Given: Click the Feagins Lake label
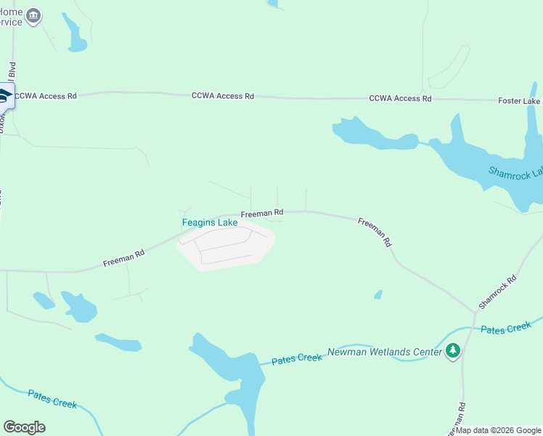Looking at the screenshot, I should [209, 222].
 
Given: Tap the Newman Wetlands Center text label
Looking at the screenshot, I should [385, 352].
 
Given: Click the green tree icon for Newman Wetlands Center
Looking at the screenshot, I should [454, 351].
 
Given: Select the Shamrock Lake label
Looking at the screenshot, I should [515, 173].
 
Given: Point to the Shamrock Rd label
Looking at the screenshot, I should [497, 290].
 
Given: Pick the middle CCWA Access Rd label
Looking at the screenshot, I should [223, 96].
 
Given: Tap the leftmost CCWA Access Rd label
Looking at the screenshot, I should [45, 96].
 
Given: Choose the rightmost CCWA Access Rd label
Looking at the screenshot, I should [400, 98].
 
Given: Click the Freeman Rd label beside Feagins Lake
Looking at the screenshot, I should [261, 214].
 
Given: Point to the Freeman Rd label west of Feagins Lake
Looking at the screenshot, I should [123, 257].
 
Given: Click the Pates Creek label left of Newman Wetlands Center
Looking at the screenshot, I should [296, 360].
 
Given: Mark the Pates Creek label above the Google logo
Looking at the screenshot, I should [52, 399].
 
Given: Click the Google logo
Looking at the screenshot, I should [24, 427].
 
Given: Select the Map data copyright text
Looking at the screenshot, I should [499, 430].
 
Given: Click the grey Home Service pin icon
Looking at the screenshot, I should [33, 17].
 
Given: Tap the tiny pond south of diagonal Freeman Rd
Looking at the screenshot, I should [378, 294].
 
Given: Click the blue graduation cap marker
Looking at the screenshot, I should [5, 96].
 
